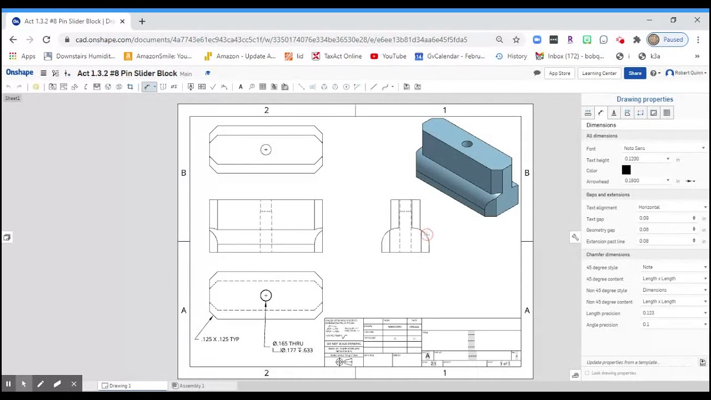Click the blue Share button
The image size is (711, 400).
(635, 73)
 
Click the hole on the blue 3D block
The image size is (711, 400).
(467, 144)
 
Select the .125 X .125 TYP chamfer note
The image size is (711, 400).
(221, 339)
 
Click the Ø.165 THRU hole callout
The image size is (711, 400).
(288, 343)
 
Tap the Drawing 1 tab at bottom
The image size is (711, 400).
(120, 386)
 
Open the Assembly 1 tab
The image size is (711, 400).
(192, 386)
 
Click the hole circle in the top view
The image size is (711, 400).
(266, 149)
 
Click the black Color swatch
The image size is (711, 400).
(626, 171)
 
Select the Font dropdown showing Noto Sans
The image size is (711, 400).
(664, 148)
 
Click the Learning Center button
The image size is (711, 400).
(599, 73)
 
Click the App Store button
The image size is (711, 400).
(559, 73)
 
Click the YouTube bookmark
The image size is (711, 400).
(394, 56)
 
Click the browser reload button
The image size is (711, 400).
(46, 39)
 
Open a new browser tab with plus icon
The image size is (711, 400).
(142, 21)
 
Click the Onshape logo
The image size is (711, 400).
(19, 73)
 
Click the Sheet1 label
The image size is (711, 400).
(12, 98)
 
